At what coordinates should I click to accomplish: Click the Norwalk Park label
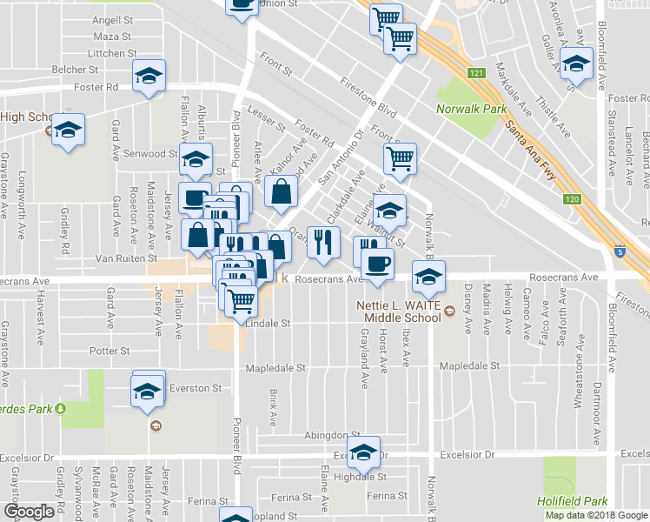(468, 110)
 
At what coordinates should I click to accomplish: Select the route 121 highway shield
(475, 73)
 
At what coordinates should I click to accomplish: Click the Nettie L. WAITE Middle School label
(400, 311)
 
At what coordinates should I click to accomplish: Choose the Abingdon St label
(331, 435)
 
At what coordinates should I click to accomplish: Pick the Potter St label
(109, 351)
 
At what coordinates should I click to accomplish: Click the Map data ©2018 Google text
(596, 515)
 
